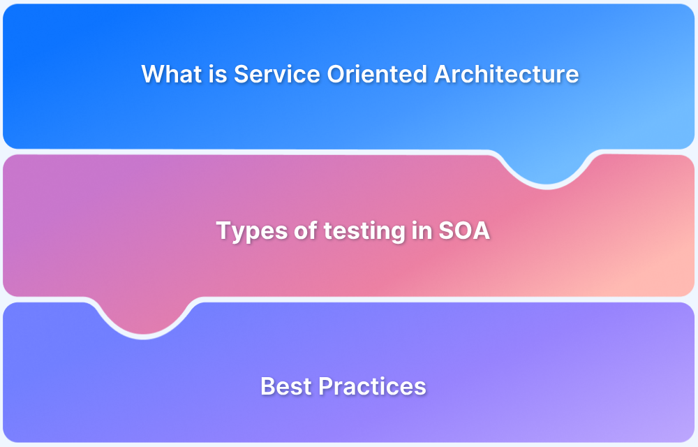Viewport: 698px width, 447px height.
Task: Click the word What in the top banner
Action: (x=171, y=74)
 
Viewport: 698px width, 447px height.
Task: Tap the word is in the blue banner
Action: (x=218, y=74)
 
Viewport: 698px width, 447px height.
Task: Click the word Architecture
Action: (x=506, y=74)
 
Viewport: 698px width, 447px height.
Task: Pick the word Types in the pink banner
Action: (x=244, y=231)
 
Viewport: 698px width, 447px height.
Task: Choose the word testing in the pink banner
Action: (x=352, y=231)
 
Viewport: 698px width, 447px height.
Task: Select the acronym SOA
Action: (x=463, y=230)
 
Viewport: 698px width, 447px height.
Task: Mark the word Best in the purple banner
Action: (x=283, y=386)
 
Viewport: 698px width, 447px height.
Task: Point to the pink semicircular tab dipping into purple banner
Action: (x=143, y=321)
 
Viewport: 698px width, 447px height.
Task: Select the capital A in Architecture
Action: (x=443, y=74)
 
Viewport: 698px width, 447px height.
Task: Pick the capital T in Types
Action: (x=223, y=230)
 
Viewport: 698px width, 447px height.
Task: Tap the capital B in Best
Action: (x=267, y=386)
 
